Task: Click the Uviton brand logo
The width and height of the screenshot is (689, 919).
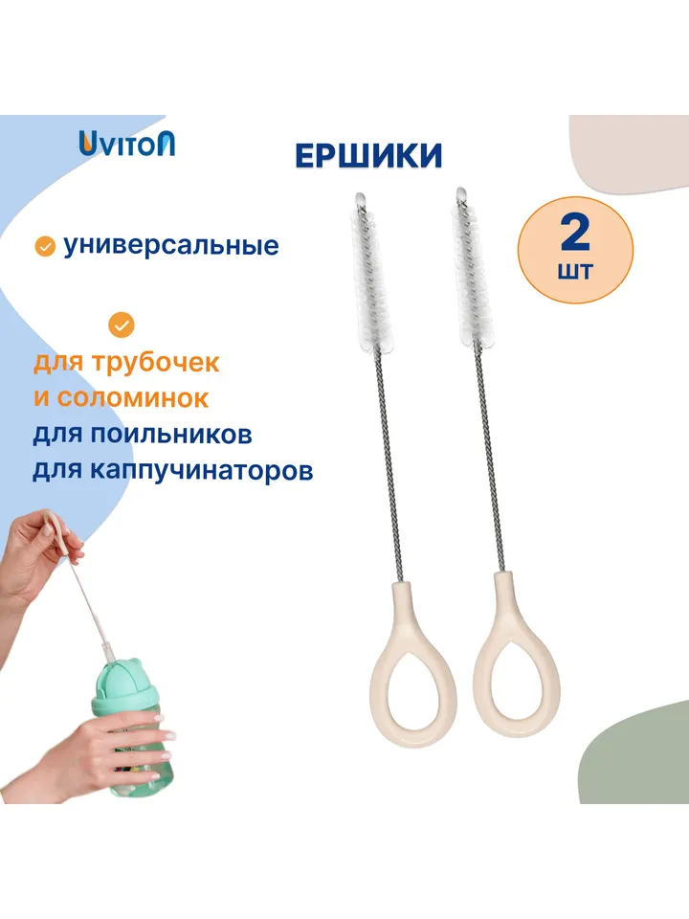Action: (127, 144)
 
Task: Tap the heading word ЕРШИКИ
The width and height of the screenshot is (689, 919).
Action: (368, 156)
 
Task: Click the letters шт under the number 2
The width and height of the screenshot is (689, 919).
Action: (575, 271)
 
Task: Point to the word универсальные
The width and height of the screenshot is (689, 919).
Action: (170, 245)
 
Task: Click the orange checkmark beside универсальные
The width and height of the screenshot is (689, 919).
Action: (45, 247)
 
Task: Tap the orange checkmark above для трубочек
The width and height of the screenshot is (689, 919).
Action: (122, 325)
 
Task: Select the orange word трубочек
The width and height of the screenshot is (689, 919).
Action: (155, 364)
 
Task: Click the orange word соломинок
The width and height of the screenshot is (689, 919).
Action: (133, 398)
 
